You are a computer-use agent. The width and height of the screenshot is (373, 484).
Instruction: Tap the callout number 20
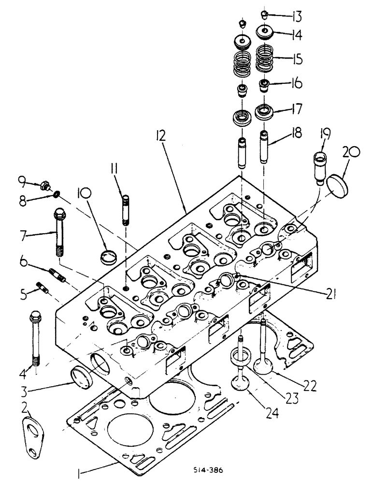pos(351,153)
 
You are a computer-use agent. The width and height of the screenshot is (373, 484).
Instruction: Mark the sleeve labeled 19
pos(321,167)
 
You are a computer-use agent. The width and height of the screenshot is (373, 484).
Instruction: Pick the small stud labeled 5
pos(43,290)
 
